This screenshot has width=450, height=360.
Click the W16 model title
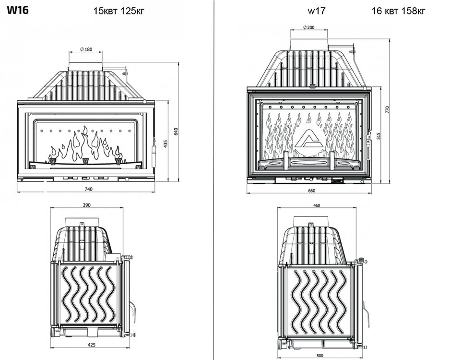point(17,11)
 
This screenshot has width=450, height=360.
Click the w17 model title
point(316,11)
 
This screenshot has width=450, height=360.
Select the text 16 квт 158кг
point(398,11)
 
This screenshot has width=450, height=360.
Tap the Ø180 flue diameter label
point(85,50)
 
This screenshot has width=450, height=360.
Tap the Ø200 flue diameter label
point(309,28)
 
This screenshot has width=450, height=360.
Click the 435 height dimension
point(166,144)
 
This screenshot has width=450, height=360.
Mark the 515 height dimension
point(379,136)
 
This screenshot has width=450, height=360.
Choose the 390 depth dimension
point(87,205)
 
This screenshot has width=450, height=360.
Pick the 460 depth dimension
point(316,205)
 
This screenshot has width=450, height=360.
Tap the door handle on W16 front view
point(154,151)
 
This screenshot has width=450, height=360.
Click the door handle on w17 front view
point(368,154)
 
